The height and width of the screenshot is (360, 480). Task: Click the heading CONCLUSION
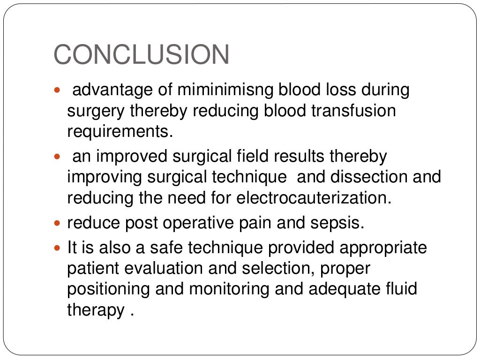141,55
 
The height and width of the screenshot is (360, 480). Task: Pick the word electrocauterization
314,198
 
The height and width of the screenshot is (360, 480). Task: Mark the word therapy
96,310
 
